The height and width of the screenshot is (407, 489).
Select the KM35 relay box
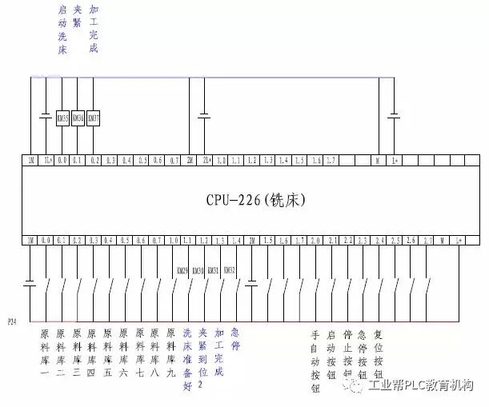tap(62, 118)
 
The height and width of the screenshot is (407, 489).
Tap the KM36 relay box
tap(78, 118)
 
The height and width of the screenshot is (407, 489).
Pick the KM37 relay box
tap(93, 118)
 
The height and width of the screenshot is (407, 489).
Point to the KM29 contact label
tap(182, 271)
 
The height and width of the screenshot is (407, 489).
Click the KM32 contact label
tap(229, 271)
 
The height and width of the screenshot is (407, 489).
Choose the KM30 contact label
tap(198, 271)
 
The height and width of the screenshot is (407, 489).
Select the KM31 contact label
tap(213, 271)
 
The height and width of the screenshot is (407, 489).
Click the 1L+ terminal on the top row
tap(47, 161)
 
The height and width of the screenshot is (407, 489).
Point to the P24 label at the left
tap(12, 321)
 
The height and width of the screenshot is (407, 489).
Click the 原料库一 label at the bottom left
tap(45, 353)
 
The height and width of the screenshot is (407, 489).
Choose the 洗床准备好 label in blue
tap(187, 360)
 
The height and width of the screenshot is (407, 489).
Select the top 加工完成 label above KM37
tap(94, 30)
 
